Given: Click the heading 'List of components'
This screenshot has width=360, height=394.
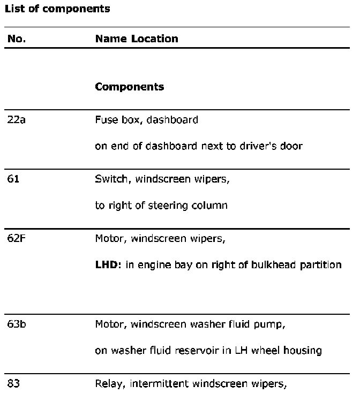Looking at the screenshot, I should [57, 9].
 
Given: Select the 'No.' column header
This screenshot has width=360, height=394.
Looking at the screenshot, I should [17, 39].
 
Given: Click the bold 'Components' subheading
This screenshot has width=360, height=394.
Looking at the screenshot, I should [129, 87].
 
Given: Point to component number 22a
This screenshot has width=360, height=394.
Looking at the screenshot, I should [17, 119].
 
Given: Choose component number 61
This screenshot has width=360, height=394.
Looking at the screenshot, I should [13, 179].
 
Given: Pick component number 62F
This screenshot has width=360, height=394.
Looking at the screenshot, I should [17, 238].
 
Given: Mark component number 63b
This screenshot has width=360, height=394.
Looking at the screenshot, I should [17, 324].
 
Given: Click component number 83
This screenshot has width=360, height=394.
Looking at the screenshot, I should [13, 383].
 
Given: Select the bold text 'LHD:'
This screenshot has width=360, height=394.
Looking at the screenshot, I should [108, 264].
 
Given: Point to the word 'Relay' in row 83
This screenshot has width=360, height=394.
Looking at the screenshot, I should [108, 383].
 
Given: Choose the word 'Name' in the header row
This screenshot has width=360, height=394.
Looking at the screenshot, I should [111, 39].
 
